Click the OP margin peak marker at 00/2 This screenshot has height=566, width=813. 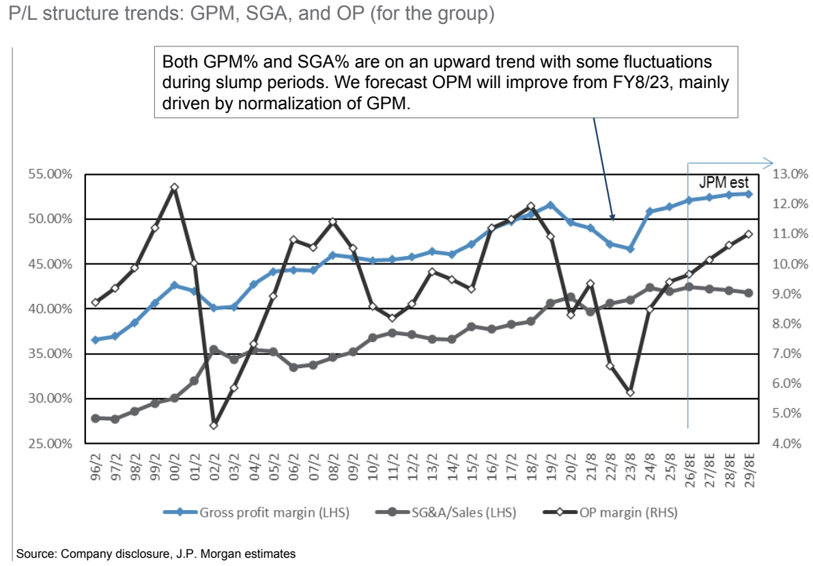(x=175, y=187)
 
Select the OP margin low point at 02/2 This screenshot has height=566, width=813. (x=214, y=425)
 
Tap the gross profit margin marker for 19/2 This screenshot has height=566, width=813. (x=551, y=206)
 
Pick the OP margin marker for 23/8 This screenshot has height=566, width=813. (x=630, y=393)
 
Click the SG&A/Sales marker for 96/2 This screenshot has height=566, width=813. (x=96, y=418)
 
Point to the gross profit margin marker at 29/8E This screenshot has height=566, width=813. (x=748, y=194)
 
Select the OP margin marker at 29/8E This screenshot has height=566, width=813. (x=748, y=234)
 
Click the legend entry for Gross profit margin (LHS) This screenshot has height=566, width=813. (x=256, y=513)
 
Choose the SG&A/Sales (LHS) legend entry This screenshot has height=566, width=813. (x=446, y=513)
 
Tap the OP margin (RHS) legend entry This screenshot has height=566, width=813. (x=610, y=513)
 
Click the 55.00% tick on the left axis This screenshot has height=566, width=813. (x=51, y=174)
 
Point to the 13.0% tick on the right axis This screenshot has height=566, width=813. (x=790, y=174)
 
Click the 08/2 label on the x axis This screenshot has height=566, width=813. (x=333, y=467)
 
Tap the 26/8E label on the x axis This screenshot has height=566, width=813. (x=689, y=470)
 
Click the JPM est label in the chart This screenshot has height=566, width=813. (x=724, y=182)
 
